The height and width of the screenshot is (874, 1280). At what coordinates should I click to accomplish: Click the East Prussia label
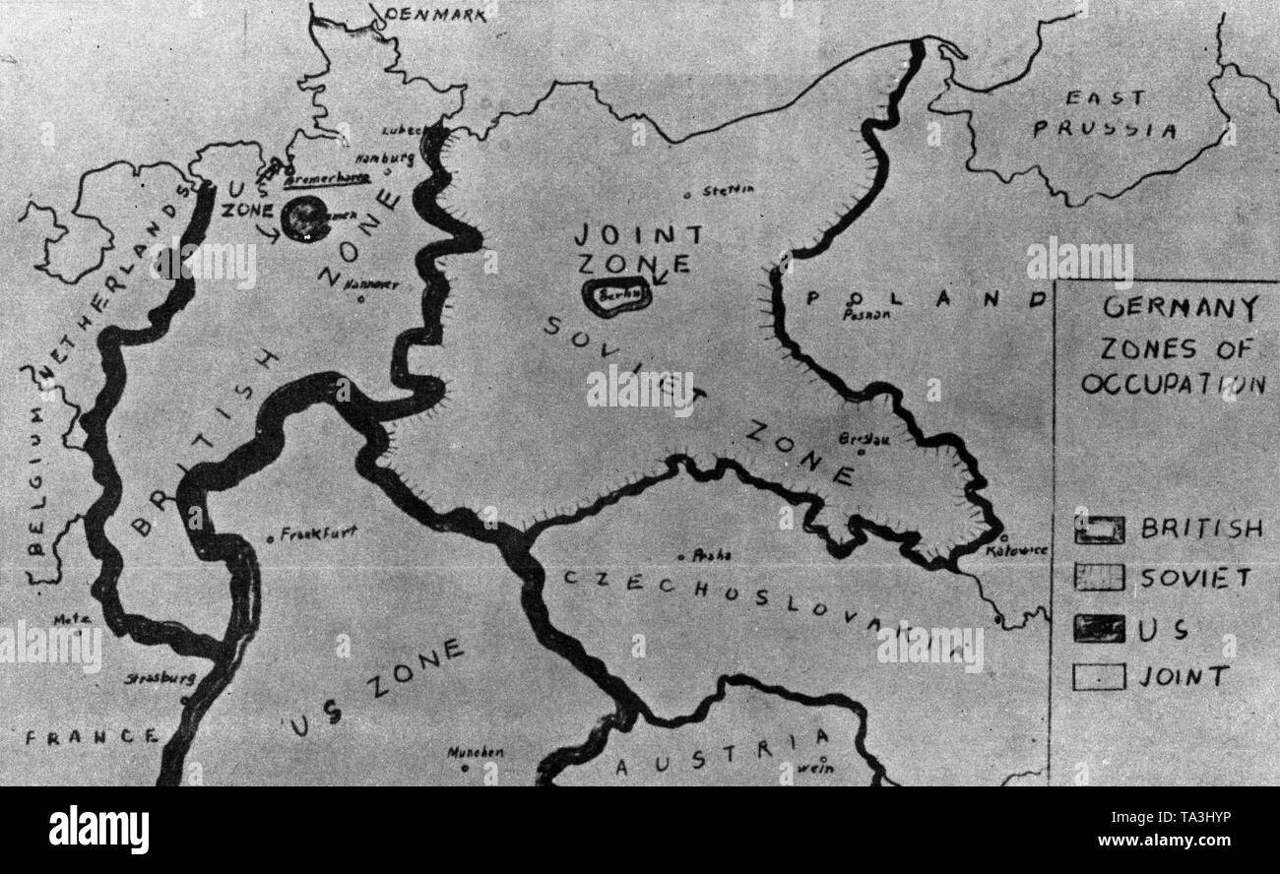(x=1105, y=114)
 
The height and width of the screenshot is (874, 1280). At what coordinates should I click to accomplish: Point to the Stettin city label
(x=729, y=190)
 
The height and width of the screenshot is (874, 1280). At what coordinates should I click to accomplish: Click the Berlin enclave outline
(x=616, y=293)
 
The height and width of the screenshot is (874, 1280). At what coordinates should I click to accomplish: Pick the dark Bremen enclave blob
(x=306, y=218)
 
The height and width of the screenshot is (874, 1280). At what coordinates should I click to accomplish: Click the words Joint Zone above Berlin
(x=638, y=248)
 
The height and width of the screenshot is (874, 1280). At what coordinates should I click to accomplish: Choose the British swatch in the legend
(x=1099, y=530)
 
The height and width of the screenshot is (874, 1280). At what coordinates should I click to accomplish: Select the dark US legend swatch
(x=1099, y=628)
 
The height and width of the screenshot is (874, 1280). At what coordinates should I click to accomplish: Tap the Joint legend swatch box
(x=1099, y=677)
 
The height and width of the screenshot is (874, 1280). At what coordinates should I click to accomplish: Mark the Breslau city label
(x=864, y=439)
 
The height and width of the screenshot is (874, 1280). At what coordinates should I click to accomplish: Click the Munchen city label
(x=476, y=752)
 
